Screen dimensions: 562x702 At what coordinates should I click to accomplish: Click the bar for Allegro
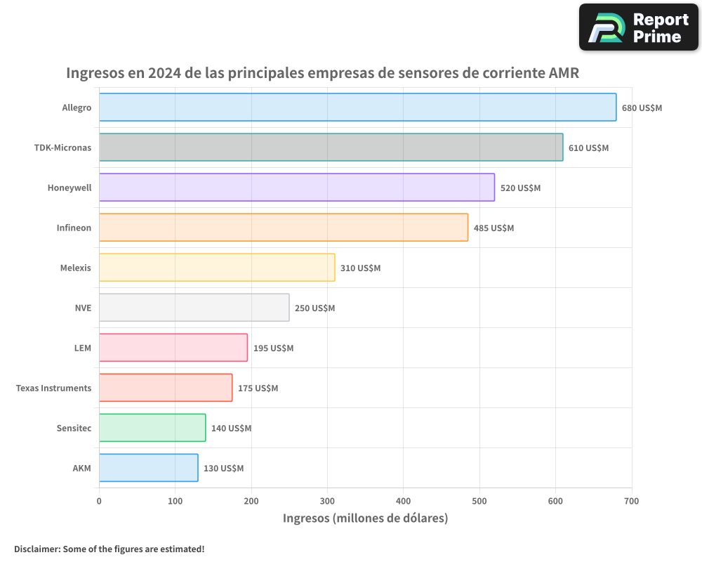357,107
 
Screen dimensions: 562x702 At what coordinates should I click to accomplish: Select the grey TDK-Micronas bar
331,148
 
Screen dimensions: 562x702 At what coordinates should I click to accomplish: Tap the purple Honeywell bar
296,188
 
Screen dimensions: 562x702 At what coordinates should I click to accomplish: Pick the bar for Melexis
217,268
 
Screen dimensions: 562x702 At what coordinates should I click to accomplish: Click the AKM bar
148,468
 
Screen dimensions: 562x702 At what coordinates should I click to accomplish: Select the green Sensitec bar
152,428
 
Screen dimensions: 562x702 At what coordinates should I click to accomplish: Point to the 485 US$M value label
494,228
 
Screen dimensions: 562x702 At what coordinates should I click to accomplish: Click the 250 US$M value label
314,308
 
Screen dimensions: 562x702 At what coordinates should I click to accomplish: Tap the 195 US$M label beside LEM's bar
273,348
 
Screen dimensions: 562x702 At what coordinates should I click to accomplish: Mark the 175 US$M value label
258,388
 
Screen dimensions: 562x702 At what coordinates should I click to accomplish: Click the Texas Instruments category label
53,388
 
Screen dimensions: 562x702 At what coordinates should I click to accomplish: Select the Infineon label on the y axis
74,228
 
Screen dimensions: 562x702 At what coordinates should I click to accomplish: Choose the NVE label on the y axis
83,308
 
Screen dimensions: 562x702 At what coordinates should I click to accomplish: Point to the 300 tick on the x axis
327,501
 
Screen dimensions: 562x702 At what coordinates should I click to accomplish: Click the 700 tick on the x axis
631,501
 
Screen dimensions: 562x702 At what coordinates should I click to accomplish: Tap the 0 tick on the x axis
99,501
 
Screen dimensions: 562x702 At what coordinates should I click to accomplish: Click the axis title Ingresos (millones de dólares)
365,518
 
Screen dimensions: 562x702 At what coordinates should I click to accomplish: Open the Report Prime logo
638,27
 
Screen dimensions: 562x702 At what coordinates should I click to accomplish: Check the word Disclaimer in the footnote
37,549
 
